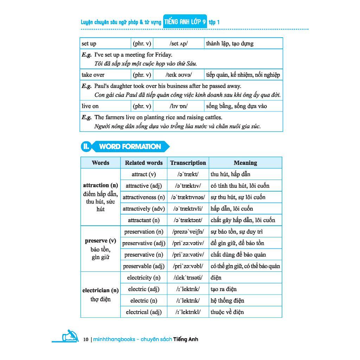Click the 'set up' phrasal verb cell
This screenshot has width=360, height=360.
pos(89,44)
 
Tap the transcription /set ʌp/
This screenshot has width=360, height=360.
pos(179,44)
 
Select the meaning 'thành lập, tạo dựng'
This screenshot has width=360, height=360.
pos(230,44)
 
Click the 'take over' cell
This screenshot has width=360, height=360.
pos(93,75)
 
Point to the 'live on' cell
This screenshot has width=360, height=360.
pos(90,106)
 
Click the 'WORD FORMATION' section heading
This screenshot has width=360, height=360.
pos(130,147)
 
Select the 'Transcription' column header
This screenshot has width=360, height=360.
pos(188,163)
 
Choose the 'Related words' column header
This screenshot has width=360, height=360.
pos(144,163)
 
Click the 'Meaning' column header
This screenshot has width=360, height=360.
pos(245,163)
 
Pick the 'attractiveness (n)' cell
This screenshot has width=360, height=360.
pos(144,197)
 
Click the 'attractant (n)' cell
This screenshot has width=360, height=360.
pos(144,220)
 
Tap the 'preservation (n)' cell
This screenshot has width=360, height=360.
pos(144,232)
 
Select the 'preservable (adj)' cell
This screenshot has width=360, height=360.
pos(144,266)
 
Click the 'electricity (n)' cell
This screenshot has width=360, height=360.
pos(144,278)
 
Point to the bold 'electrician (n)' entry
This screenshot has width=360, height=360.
pos(101,290)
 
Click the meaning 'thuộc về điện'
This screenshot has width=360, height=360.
pos(227,312)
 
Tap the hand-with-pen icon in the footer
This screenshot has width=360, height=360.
pos(70,336)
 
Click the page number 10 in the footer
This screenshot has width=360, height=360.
pos(86,340)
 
